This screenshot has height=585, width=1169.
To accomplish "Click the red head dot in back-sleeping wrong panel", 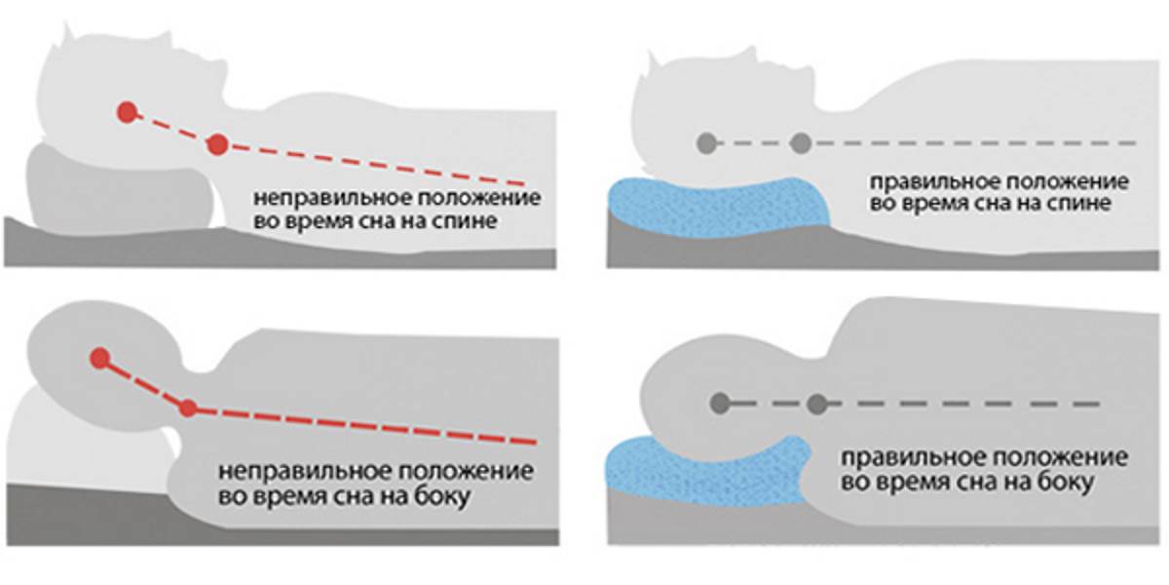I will click(x=126, y=111).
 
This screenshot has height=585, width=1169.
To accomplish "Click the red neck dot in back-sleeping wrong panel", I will click(x=217, y=145).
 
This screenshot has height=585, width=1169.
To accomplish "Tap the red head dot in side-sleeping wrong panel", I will click(x=97, y=358).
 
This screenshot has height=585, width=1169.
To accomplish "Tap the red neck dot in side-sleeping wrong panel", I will click(x=188, y=408).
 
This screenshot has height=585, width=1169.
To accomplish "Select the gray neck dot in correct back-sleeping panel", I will click(x=801, y=144).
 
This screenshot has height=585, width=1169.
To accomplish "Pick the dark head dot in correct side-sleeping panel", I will click(x=720, y=402).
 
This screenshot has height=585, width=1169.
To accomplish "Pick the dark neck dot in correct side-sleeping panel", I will click(x=816, y=402).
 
